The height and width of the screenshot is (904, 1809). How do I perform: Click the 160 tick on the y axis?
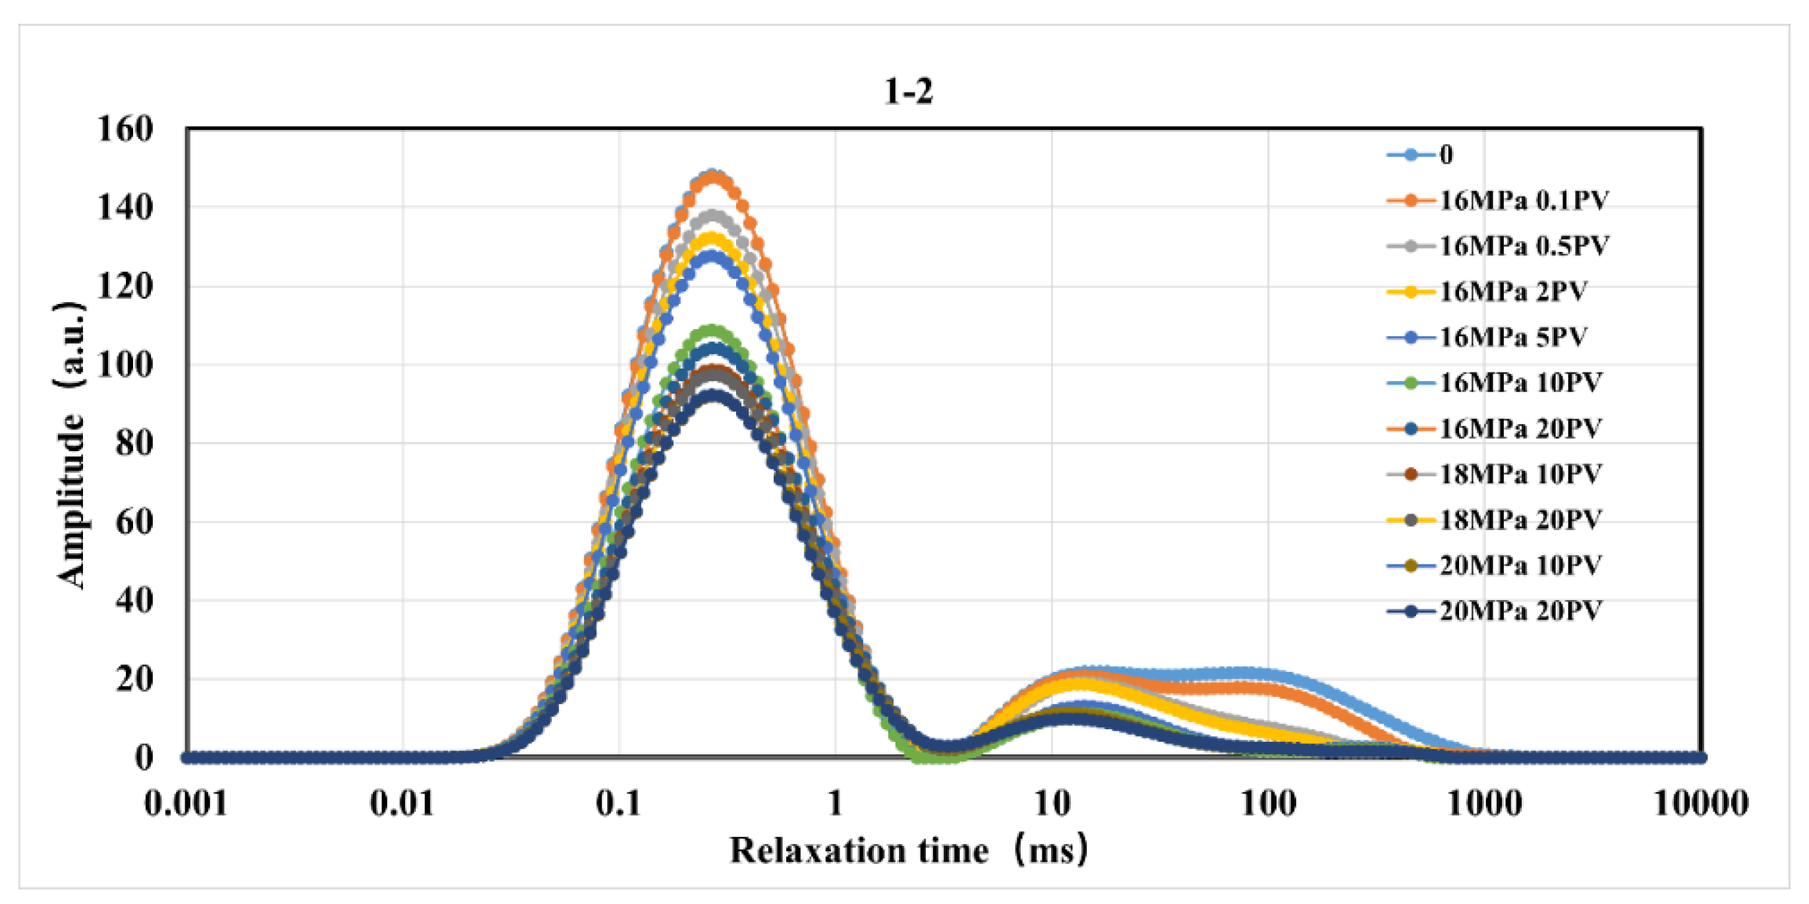point(125,129)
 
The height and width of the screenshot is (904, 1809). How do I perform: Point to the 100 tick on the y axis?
point(125,365)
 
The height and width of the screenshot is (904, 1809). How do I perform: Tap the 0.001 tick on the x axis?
point(186,804)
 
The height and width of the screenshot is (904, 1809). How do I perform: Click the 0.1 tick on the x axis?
point(619,804)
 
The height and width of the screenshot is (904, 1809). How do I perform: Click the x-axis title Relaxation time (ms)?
point(908,851)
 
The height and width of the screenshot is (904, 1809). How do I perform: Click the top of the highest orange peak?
point(714,176)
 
